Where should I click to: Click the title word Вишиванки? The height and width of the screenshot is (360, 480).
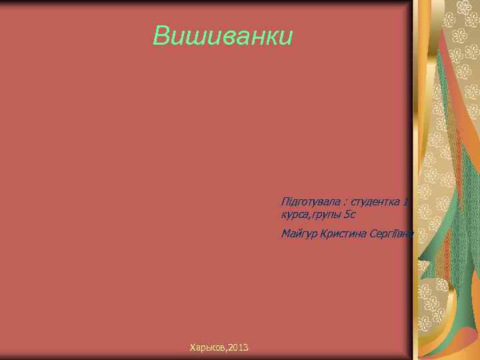click(x=223, y=36)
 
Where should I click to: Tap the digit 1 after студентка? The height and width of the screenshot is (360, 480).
click(x=406, y=202)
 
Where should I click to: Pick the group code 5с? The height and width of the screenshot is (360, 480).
click(x=351, y=214)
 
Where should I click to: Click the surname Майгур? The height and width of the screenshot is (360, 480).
click(x=299, y=234)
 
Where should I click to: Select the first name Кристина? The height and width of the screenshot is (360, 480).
click(x=343, y=233)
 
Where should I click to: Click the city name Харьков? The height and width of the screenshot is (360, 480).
click(x=207, y=347)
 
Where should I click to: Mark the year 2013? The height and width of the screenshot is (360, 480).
click(x=238, y=347)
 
